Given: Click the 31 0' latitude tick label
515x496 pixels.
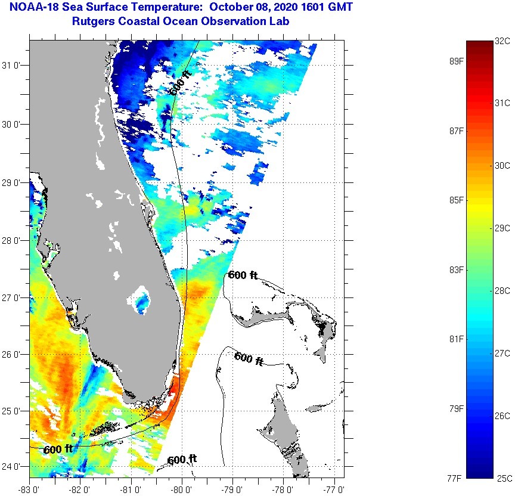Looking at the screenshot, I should click(13, 66).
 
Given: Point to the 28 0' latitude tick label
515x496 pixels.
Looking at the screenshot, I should click(13, 240).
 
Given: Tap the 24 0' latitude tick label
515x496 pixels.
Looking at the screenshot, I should click(13, 466).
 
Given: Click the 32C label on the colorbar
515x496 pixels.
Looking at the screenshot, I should click(502, 41).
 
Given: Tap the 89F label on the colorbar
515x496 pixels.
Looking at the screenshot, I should click(457, 61).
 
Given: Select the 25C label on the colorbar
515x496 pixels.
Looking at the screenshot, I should click(502, 478).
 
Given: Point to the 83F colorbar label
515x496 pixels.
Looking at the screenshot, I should click(457, 270).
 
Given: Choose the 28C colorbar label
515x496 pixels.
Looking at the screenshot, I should click(502, 290).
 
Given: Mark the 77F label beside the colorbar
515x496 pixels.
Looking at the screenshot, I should click(457, 478).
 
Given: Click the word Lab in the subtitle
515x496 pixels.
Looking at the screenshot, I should click(281, 21).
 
